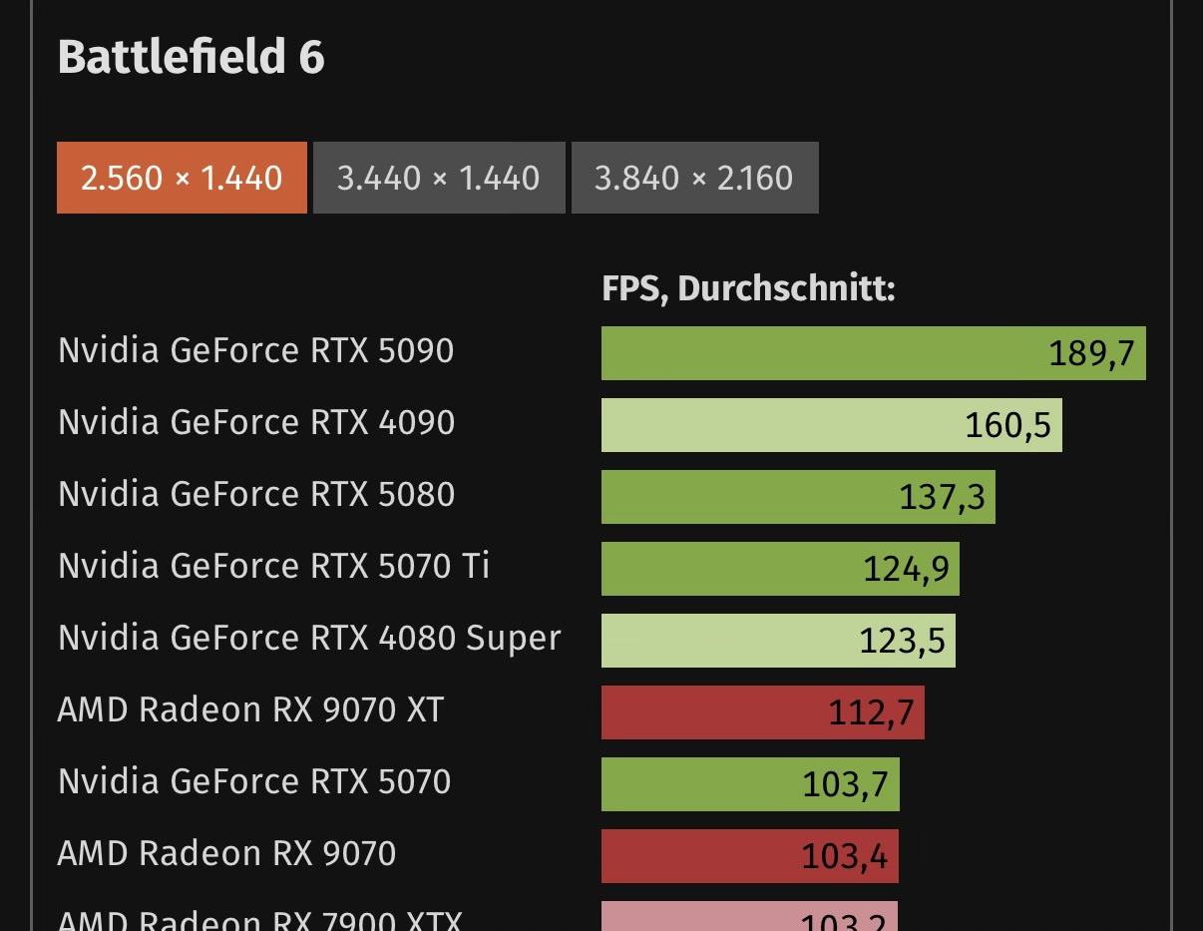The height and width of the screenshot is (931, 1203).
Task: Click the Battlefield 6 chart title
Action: pos(191,57)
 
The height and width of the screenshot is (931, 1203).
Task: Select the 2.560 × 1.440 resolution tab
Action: pos(182,178)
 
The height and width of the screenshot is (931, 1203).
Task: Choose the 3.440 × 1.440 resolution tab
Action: pos(439,178)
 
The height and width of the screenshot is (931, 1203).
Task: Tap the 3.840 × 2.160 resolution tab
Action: pos(694,178)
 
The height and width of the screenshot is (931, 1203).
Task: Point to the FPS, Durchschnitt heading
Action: pos(748,288)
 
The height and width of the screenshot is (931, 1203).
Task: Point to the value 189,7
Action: pos(1091,353)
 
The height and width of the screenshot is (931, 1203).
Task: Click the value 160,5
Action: pos(1007,425)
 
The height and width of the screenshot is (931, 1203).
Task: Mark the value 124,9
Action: pos(906,569)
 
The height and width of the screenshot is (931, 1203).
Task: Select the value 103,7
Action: pos(845,784)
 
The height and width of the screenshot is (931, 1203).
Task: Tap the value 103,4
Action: pos(844,856)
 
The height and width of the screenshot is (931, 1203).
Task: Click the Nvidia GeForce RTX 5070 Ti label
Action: pos(273,566)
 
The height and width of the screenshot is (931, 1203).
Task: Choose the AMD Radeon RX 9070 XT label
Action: pos(250,709)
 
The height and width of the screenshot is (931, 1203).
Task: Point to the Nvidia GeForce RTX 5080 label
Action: pos(256,494)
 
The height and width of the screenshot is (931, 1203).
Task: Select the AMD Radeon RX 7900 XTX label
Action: pos(259,920)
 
